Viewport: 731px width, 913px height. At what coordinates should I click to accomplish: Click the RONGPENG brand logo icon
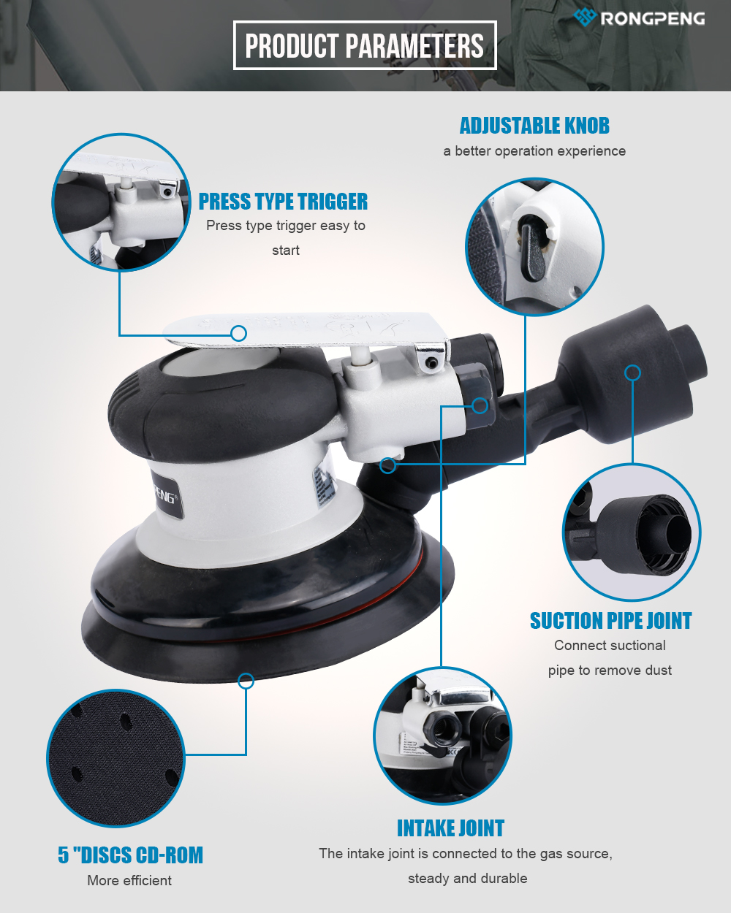(585, 17)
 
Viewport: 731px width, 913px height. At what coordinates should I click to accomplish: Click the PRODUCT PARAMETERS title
(365, 45)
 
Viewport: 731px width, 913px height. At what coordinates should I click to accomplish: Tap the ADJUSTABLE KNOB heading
(534, 126)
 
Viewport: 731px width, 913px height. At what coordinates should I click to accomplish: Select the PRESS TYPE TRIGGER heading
(283, 201)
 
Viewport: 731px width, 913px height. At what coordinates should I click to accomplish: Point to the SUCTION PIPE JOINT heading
(610, 621)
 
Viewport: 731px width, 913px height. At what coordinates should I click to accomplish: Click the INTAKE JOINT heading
(450, 828)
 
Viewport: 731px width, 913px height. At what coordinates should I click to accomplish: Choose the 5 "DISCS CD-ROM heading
(130, 855)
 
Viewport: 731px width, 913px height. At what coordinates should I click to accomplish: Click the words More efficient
(129, 880)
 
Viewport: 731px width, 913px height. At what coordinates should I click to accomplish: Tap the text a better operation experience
(534, 151)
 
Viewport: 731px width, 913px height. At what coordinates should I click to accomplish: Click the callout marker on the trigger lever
(239, 334)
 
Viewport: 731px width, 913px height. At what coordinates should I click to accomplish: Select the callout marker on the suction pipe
(632, 373)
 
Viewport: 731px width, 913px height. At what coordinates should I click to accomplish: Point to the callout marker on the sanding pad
(246, 681)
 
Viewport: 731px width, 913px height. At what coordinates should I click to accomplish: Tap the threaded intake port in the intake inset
(442, 727)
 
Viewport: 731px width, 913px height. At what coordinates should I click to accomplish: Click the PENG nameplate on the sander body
(168, 495)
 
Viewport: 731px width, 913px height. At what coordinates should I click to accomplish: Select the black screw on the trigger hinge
(431, 363)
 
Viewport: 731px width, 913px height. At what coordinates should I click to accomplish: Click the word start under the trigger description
(286, 251)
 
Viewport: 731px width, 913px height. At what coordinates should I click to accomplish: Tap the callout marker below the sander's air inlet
(387, 465)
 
